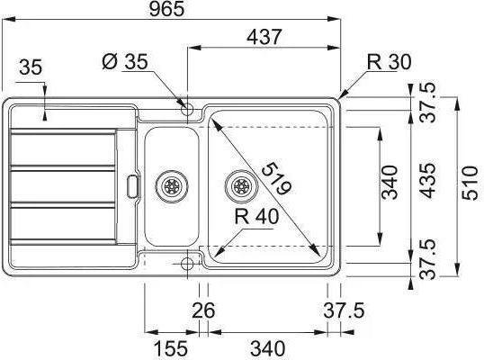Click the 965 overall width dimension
click(166, 9)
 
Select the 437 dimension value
click(264, 37)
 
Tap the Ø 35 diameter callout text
click(125, 61)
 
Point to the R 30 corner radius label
click(389, 62)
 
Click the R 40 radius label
click(256, 216)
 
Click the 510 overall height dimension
click(470, 183)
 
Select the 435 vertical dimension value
click(428, 181)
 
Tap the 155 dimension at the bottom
click(170, 348)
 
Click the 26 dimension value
click(203, 310)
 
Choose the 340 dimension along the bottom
click(267, 348)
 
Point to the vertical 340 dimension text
click(390, 182)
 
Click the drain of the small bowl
click(171, 186)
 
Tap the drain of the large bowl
click(241, 186)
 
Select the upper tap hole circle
click(187, 109)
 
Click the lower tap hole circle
click(187, 264)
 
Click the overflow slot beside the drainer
click(133, 186)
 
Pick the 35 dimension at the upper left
click(31, 67)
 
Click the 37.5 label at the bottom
click(344, 310)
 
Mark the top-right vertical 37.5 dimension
click(428, 103)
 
